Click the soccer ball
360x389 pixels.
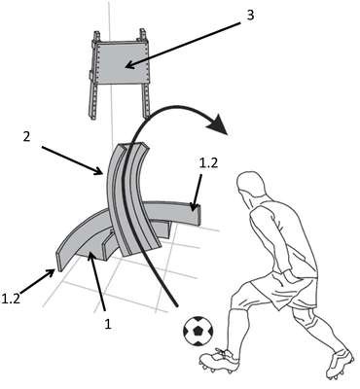coord(198,331)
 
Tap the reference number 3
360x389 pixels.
coord(250,15)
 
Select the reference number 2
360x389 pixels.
coord(27,136)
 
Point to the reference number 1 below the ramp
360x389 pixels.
coord(108,323)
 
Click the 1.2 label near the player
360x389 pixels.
coord(208,163)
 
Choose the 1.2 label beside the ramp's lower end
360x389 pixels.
coord(11,298)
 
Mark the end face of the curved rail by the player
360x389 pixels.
coord(198,214)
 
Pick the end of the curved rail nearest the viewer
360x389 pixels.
coord(59,261)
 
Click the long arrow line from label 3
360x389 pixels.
coord(183,45)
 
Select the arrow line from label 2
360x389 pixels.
coord(73,160)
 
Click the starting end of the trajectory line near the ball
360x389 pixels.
coord(177,305)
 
